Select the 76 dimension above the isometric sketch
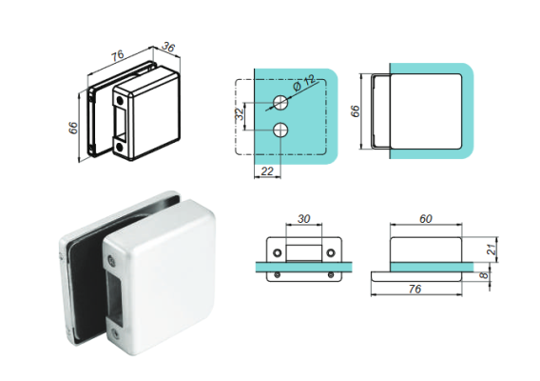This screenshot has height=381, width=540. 117,54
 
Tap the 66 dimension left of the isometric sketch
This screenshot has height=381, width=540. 72,128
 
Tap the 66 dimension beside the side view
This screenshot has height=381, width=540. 356,110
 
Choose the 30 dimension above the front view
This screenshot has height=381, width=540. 303,218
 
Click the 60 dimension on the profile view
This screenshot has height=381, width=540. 428,218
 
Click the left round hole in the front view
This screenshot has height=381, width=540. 278,252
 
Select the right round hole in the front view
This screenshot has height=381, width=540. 333,252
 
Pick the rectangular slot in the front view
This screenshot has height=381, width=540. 304,251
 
